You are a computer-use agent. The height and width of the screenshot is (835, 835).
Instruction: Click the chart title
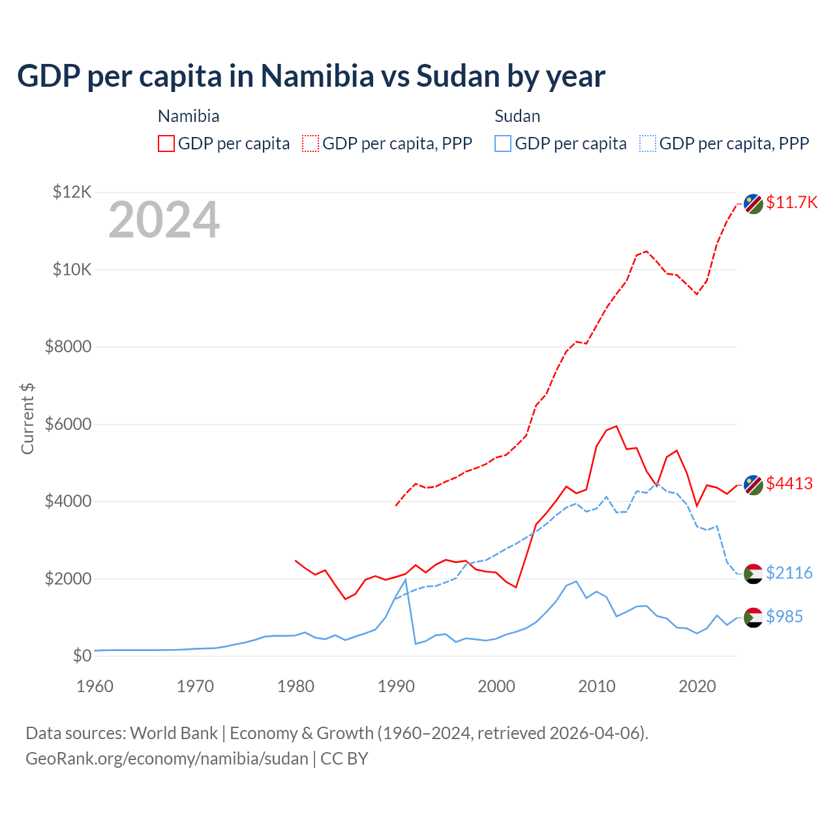311,76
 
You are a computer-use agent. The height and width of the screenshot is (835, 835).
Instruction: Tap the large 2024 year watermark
164,220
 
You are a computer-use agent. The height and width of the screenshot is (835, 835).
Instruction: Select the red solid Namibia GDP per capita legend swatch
166,144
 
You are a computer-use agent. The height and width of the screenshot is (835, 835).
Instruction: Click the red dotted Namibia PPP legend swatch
311,144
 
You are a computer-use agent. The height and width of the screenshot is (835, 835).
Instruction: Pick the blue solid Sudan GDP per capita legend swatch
503,144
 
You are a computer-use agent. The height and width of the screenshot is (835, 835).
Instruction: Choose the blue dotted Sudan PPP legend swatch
648,144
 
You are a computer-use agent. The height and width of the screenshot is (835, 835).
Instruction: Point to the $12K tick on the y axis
72,192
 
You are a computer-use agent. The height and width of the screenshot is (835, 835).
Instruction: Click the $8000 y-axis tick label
68,346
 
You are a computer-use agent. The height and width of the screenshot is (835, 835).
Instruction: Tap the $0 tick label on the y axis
82,656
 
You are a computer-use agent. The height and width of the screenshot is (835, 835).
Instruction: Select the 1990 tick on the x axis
396,686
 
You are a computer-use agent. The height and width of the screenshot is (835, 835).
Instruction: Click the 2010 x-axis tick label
597,686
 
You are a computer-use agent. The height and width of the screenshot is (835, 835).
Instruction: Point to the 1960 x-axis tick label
95,686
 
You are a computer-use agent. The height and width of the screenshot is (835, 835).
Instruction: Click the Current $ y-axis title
27,418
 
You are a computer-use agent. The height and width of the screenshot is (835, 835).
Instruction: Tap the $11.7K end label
791,202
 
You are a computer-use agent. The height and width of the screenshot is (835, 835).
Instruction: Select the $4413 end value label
789,483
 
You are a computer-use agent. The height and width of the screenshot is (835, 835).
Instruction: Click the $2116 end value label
789,573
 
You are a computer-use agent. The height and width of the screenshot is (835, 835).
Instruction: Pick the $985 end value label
784,616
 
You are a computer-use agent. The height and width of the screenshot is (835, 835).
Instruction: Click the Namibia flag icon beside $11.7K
753,204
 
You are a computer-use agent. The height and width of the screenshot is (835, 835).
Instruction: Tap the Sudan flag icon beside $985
753,617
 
